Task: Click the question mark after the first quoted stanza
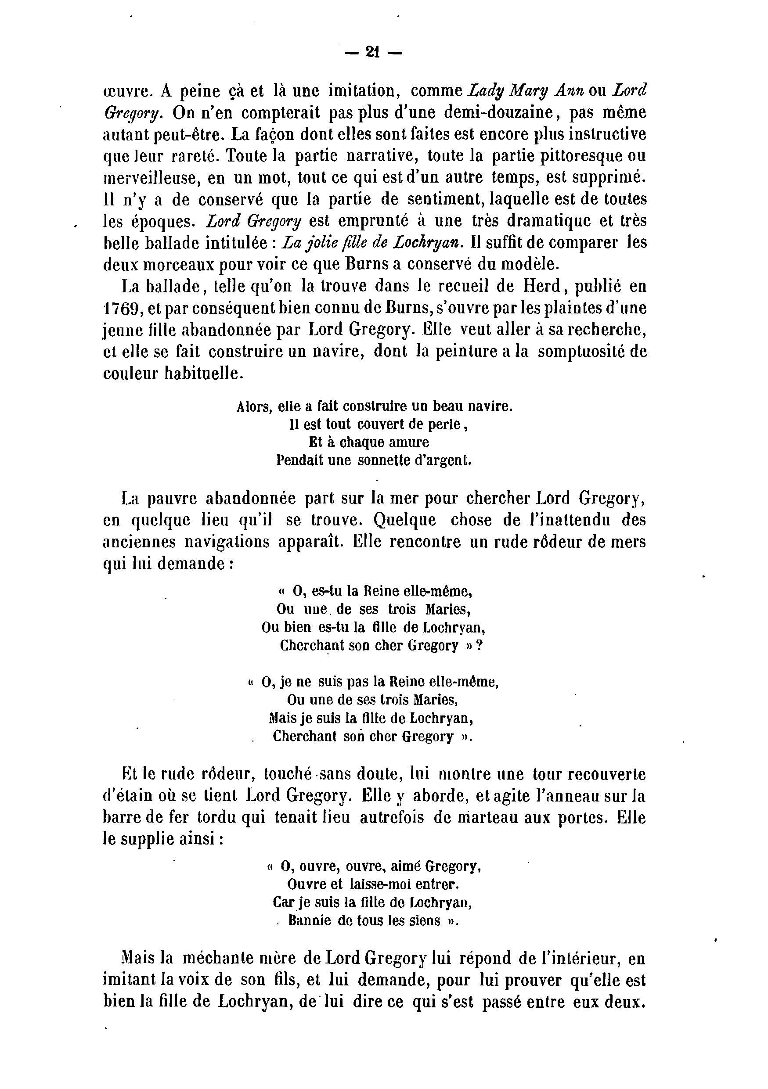[479, 646]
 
